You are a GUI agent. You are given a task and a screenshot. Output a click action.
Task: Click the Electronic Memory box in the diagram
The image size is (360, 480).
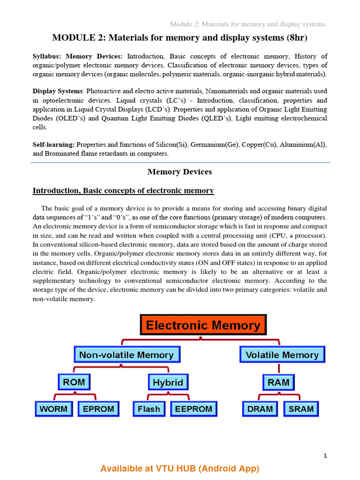(x=203, y=325)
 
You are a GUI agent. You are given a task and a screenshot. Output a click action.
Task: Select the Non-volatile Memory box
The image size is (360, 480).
(x=126, y=355)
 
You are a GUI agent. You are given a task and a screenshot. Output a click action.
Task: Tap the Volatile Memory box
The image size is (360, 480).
(x=282, y=355)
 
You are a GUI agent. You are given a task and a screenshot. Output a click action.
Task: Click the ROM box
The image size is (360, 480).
(x=74, y=382)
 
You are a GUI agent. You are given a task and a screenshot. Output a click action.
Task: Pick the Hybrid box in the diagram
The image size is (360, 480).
(x=168, y=382)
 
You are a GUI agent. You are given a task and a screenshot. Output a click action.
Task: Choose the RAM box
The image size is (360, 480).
(x=278, y=382)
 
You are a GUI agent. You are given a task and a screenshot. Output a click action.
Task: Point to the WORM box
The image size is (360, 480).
(x=54, y=409)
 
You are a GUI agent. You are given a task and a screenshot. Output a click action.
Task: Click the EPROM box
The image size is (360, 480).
(x=98, y=409)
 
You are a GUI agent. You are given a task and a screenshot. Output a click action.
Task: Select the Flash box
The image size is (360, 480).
(x=149, y=409)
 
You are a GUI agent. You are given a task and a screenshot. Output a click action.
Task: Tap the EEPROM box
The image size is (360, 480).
(x=194, y=409)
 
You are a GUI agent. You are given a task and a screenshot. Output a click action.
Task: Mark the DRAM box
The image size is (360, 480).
(x=260, y=409)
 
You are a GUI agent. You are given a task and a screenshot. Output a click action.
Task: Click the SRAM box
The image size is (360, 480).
(x=301, y=409)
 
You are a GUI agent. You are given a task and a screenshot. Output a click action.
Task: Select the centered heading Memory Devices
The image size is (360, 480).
(x=180, y=172)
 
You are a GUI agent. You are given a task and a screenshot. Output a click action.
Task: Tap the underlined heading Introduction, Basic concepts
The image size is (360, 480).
(x=123, y=191)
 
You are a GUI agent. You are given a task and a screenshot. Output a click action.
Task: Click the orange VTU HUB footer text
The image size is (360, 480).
(x=180, y=468)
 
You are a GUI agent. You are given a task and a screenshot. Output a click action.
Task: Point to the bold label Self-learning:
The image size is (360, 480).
(x=53, y=145)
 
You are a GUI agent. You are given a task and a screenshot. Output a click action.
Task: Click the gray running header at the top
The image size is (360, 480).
(x=248, y=24)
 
